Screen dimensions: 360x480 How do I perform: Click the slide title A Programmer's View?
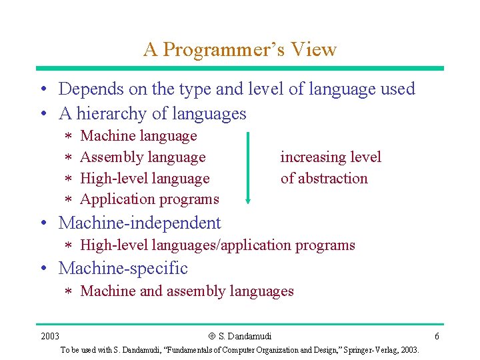(x=239, y=49)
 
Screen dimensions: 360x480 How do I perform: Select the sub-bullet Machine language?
(x=138, y=136)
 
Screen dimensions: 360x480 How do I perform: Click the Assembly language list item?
(x=143, y=157)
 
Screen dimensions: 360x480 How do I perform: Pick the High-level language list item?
(x=145, y=179)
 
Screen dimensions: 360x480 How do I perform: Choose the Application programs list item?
(x=149, y=199)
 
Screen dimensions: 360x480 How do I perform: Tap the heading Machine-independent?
(x=139, y=223)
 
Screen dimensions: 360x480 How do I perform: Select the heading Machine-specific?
(x=123, y=269)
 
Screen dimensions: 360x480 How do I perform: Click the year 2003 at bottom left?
(x=49, y=335)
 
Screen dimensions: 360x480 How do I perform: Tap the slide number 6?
(x=436, y=335)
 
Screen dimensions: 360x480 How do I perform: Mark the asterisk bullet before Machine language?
(x=67, y=137)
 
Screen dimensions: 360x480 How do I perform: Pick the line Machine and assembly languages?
(x=187, y=291)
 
